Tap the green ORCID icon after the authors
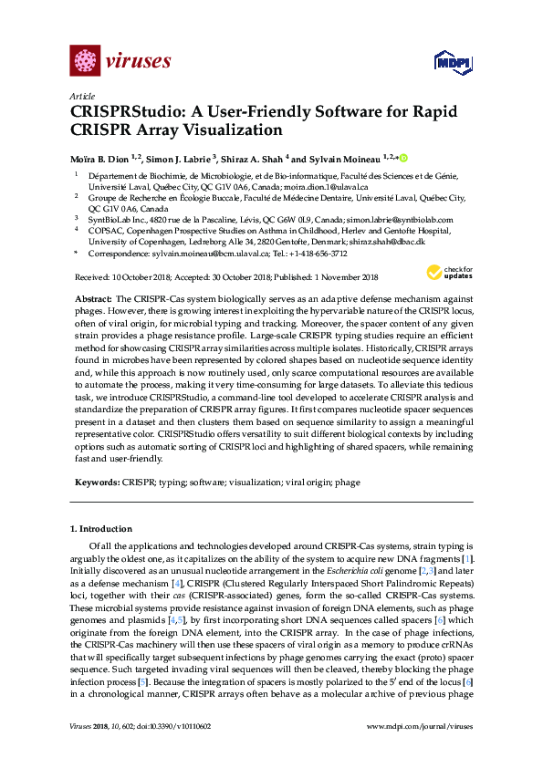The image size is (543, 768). pyautogui.click(x=402, y=158)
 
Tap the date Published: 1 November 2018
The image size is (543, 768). pyautogui.click(x=319, y=277)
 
